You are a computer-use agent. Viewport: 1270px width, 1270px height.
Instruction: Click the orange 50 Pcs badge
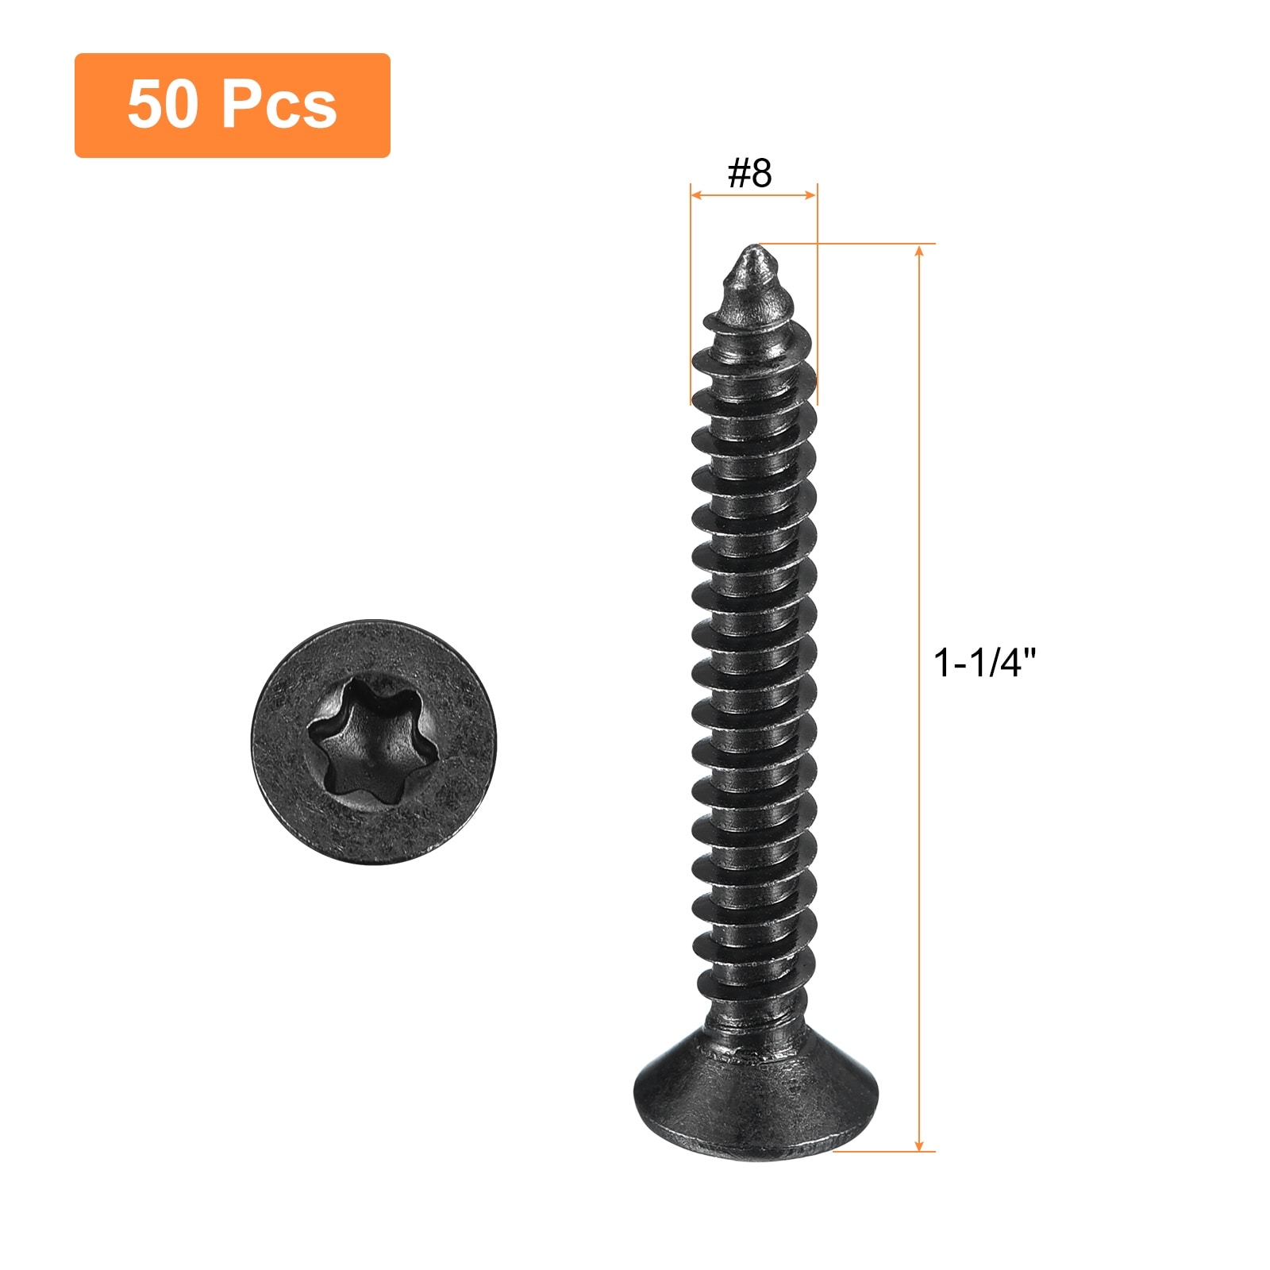coord(232,106)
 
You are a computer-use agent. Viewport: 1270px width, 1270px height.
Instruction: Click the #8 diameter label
coord(750,172)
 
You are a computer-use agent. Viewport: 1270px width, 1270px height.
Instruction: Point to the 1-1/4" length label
coord(985,662)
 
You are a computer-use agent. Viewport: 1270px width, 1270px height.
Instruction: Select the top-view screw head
coord(374,741)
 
